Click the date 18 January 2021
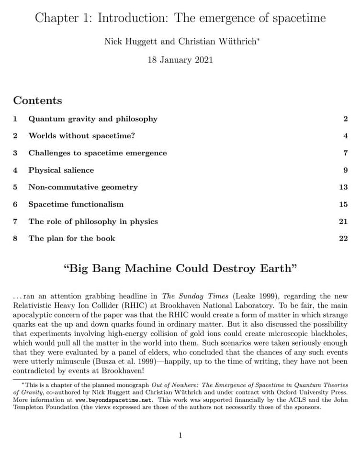click(x=180, y=60)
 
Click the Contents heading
click(x=38, y=100)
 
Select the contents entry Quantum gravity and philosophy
click(x=93, y=119)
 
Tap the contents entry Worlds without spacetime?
click(x=82, y=136)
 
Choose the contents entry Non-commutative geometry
click(x=83, y=187)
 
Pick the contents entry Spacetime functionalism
click(x=76, y=204)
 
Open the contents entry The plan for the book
click(x=72, y=238)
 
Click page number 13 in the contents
click(x=343, y=187)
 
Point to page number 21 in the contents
click(x=343, y=221)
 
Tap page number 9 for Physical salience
click(x=345, y=170)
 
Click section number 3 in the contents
click(x=15, y=153)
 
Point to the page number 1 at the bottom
click(x=180, y=435)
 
